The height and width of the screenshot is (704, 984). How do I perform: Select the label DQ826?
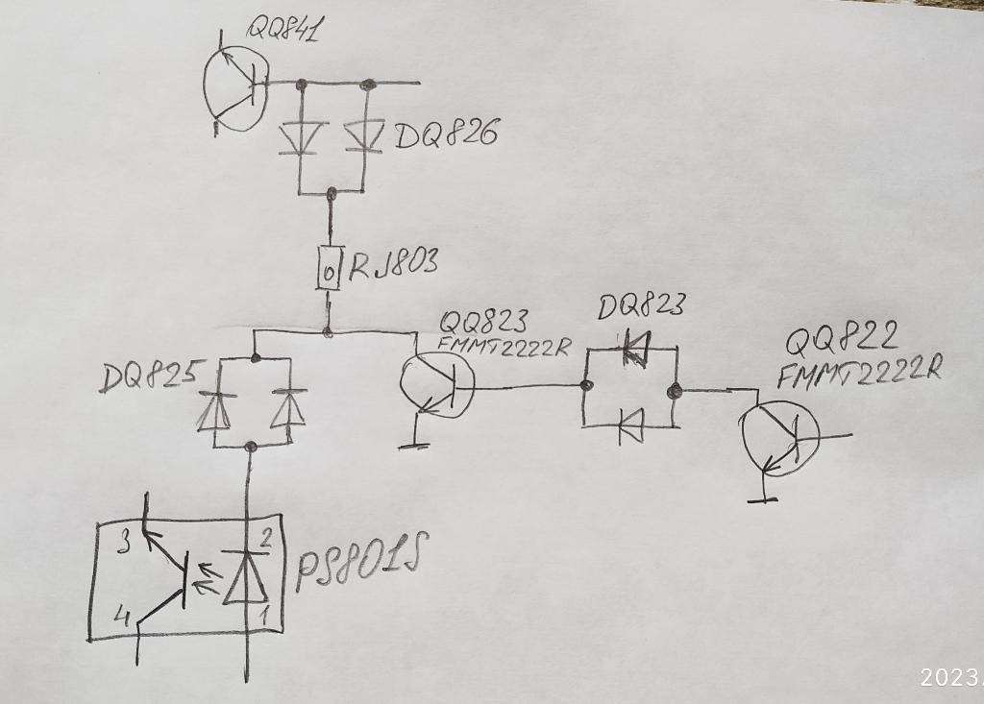click(446, 135)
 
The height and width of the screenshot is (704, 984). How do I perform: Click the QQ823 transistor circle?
click(437, 385)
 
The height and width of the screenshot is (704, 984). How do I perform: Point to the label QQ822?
click(842, 338)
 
